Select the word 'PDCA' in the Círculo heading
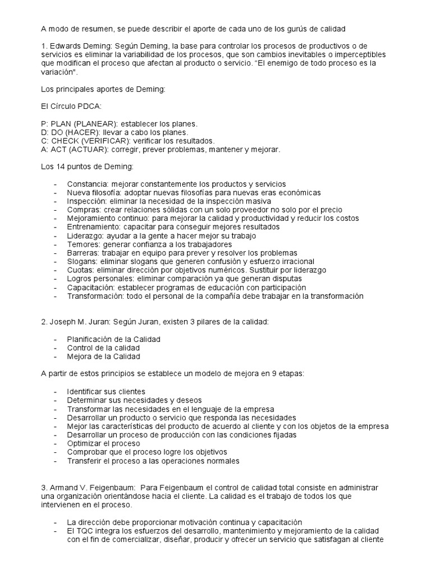[x=80, y=105]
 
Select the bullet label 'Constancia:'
[x=88, y=184]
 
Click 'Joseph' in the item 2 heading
[x=63, y=322]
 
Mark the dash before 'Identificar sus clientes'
[x=55, y=391]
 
